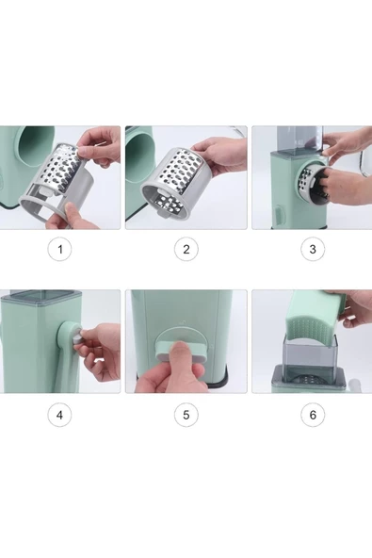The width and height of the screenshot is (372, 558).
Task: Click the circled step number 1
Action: (59, 249)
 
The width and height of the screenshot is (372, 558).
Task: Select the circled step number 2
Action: (186, 249)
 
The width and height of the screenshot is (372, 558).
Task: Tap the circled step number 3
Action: (313, 249)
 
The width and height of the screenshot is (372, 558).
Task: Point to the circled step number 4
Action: (59, 415)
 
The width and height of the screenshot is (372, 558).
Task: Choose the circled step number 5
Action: (186, 415)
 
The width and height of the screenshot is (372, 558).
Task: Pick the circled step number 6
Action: (313, 415)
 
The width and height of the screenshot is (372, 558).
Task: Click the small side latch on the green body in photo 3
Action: (279, 215)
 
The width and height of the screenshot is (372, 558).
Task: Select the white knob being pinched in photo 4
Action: (77, 337)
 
